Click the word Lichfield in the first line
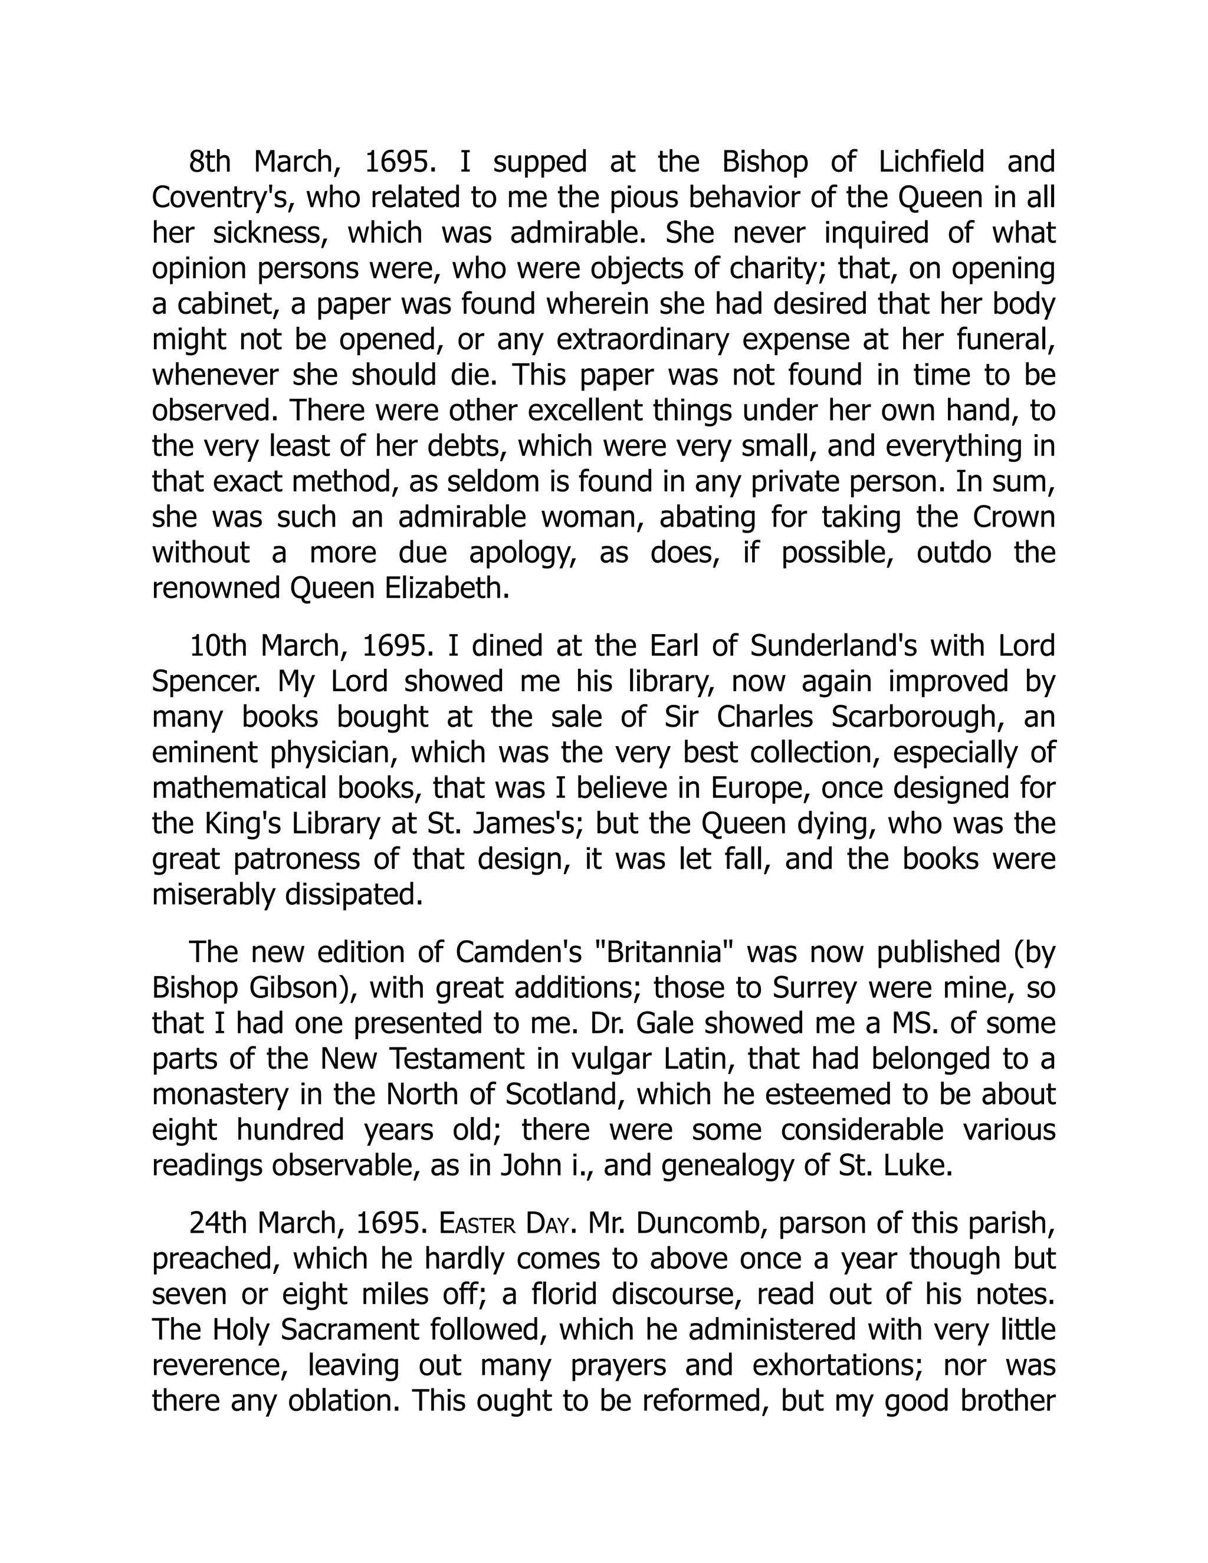pos(931,162)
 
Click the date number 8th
pos(209,162)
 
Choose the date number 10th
pos(217,646)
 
